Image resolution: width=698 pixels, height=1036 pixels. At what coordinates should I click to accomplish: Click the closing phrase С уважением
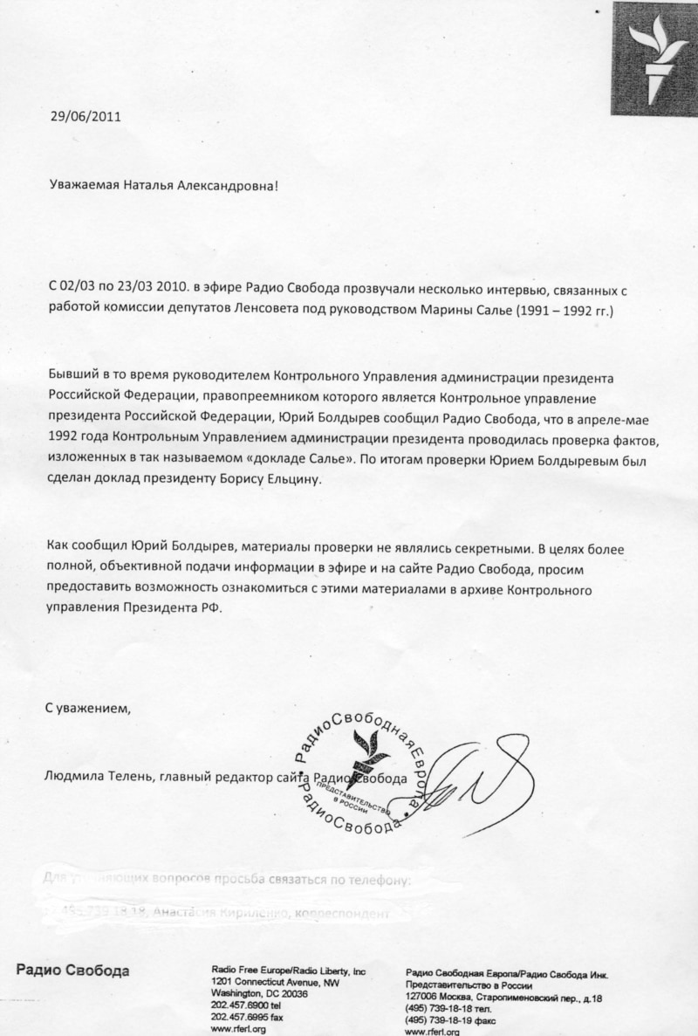pos(87,708)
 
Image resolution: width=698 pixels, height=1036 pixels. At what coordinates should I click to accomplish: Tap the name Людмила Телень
pos(96,779)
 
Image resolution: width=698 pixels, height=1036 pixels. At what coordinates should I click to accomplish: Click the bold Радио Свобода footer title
pos(72,971)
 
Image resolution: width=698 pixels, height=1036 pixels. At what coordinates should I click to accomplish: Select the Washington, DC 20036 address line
pos(261,993)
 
